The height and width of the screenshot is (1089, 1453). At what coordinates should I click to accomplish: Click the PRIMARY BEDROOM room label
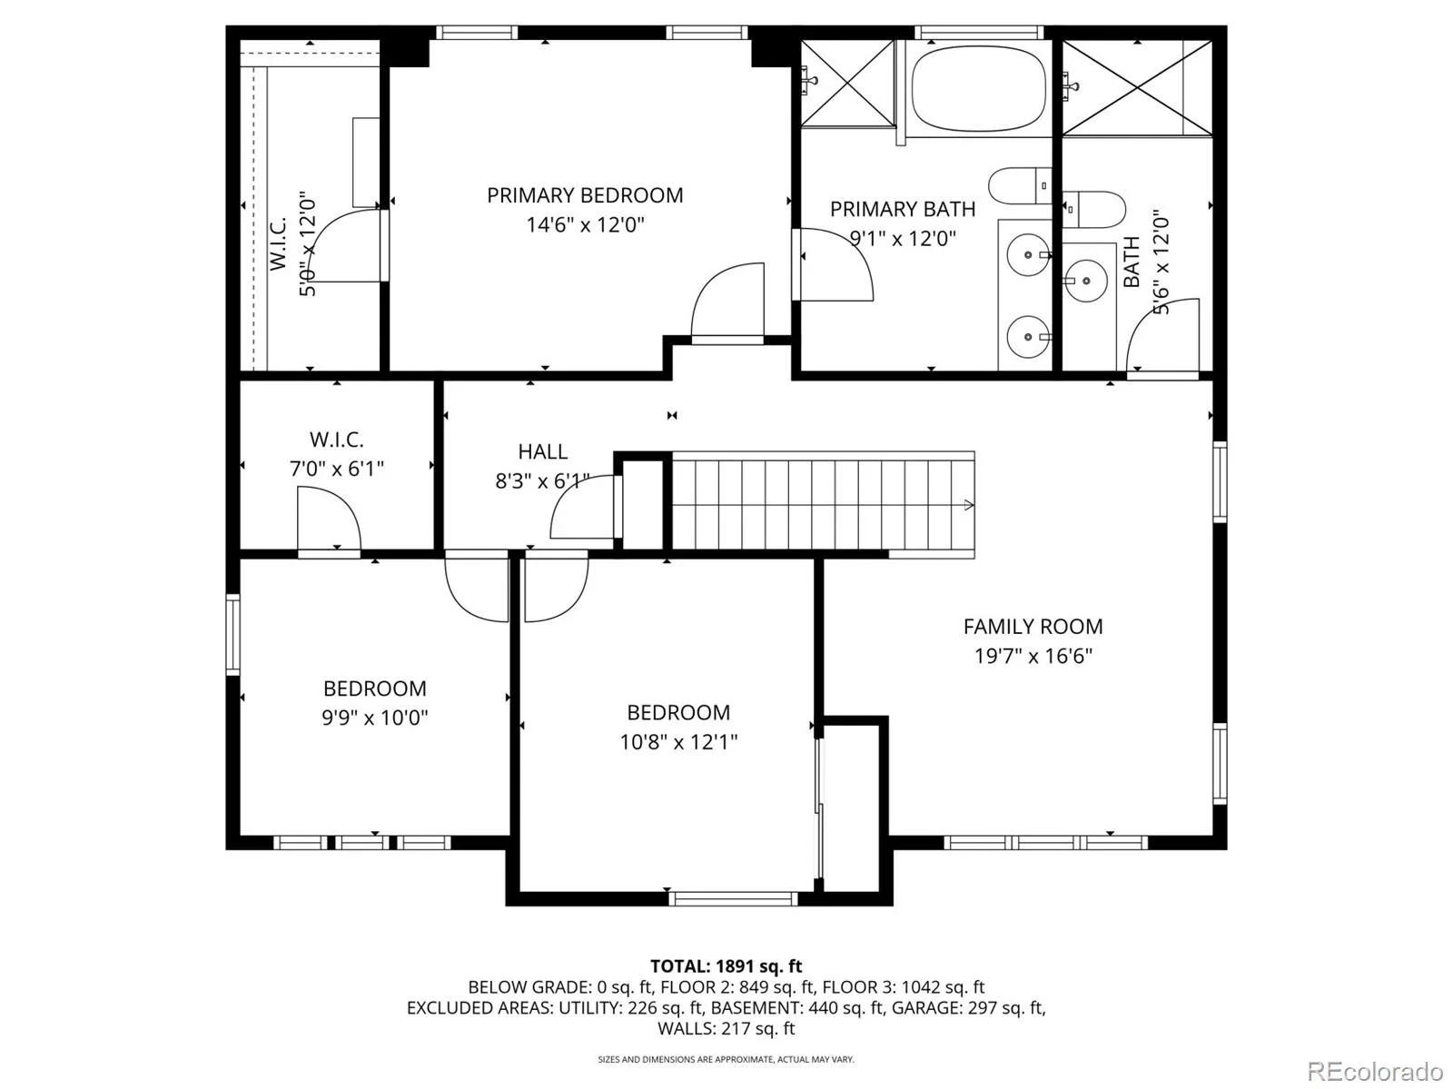585,195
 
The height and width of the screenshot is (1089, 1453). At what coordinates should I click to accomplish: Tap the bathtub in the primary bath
978,89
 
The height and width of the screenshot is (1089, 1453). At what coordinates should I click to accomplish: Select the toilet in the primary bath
1020,186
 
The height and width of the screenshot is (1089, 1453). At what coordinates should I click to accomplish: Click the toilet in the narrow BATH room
1093,209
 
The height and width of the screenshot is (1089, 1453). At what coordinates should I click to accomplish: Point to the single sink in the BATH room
1085,281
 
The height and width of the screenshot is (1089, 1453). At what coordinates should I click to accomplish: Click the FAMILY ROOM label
1033,627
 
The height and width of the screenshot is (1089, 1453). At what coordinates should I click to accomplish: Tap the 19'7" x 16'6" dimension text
1033,656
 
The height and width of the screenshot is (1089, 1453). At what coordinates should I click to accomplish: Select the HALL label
542,451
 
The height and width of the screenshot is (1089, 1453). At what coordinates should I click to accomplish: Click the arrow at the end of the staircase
968,506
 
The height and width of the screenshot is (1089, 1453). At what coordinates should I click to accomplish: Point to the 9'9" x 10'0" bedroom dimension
375,718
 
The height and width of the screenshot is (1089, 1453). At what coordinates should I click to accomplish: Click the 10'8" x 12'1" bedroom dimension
678,742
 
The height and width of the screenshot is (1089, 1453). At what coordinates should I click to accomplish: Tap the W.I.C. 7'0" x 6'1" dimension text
336,470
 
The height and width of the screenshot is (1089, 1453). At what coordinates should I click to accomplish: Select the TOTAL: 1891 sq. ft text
726,966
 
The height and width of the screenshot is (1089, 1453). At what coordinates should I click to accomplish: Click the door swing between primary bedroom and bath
836,265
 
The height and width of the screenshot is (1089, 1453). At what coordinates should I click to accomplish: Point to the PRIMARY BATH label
903,209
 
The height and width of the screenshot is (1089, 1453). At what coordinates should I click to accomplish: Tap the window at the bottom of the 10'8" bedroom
733,898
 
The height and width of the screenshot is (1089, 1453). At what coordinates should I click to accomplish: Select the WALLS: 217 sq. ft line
726,1029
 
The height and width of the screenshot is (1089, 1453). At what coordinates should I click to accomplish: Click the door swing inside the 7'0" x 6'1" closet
329,518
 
